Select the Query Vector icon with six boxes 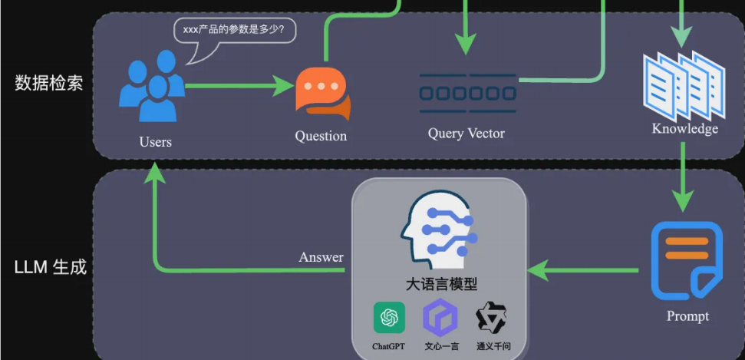467,93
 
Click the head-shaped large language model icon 439,226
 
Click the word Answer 321,257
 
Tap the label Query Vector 466,134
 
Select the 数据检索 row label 49,83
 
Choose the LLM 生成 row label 50,268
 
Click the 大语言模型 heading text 441,284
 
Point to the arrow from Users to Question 238,85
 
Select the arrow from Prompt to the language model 583,269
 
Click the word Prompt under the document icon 687,316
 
